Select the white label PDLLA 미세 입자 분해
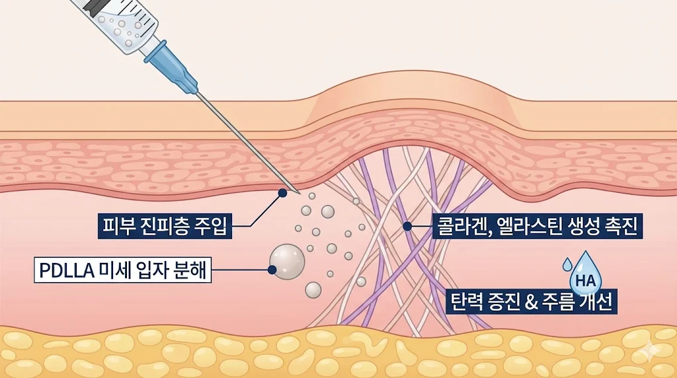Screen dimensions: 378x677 pyautogui.click(x=123, y=270)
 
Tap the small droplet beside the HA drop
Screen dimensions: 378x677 pyautogui.click(x=567, y=264)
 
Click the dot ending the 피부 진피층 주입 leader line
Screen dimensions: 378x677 pyautogui.click(x=282, y=193)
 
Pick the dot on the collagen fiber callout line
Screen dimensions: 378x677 pyautogui.click(x=407, y=227)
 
